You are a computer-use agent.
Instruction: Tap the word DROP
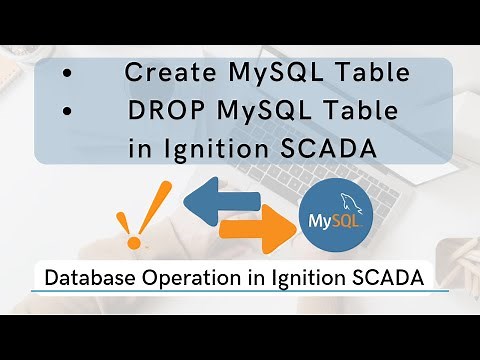tap(160, 111)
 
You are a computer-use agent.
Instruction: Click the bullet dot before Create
tap(66, 74)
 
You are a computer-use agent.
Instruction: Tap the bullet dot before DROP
tap(66, 112)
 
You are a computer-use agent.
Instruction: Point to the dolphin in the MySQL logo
tap(346, 198)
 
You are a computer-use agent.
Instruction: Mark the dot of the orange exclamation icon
tap(127, 241)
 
